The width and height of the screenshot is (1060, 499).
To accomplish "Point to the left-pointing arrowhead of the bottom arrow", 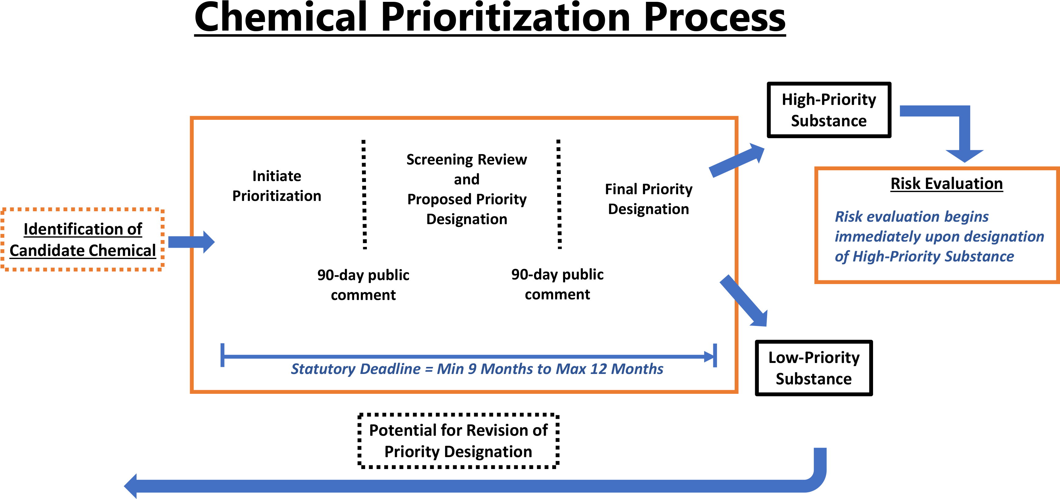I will (131, 486).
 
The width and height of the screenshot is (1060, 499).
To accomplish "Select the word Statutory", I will (323, 369).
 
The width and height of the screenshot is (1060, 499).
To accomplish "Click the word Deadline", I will (390, 369).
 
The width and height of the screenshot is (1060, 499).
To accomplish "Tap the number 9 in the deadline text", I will (472, 369).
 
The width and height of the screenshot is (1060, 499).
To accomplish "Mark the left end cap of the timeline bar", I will (223, 355).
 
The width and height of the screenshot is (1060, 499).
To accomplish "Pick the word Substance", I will (979, 257).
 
